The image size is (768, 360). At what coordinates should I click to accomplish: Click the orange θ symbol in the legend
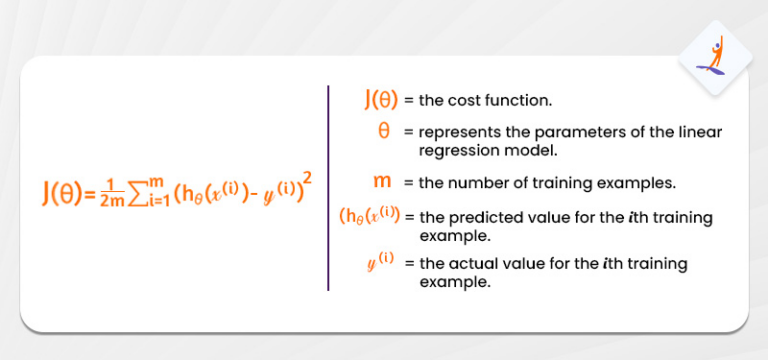[384, 131]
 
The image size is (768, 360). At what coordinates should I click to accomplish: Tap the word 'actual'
[470, 264]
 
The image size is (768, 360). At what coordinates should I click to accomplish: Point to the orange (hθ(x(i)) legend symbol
[371, 216]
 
